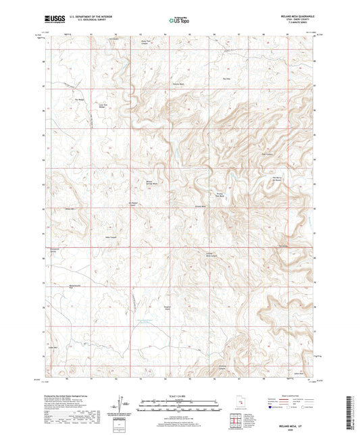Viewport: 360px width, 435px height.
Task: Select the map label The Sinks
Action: point(227,78)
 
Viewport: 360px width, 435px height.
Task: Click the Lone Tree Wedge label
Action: point(104,106)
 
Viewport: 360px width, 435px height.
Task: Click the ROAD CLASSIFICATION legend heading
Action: point(287,395)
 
